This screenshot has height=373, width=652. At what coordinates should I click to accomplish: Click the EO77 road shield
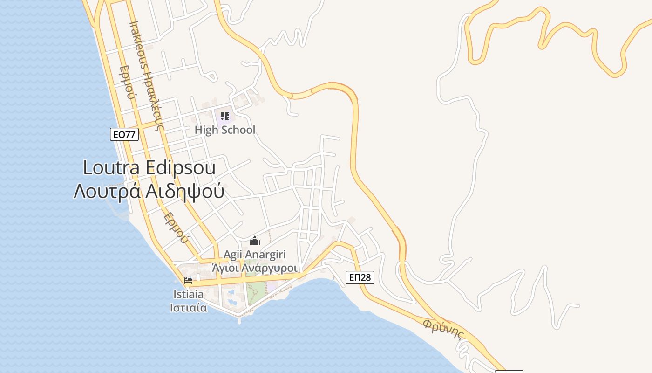click(124, 135)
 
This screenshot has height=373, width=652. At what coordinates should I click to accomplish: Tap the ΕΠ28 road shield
click(360, 277)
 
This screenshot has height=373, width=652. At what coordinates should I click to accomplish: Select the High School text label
click(225, 130)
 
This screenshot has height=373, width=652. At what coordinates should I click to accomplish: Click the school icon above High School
click(225, 116)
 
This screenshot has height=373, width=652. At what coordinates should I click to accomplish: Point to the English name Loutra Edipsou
click(149, 167)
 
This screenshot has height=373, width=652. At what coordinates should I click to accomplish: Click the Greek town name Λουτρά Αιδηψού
click(149, 191)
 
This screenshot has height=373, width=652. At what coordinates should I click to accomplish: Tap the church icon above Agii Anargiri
click(255, 241)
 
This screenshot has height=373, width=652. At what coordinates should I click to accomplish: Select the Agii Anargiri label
click(255, 255)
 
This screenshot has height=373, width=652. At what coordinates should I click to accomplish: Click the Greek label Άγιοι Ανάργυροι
click(255, 268)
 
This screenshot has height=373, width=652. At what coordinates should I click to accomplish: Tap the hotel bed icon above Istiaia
click(188, 281)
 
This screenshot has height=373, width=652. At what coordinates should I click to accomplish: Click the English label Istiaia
click(188, 295)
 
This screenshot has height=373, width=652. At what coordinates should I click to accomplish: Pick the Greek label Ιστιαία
click(188, 308)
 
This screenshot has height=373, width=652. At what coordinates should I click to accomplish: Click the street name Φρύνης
click(445, 329)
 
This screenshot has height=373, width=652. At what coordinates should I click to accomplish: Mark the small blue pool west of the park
click(231, 293)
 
